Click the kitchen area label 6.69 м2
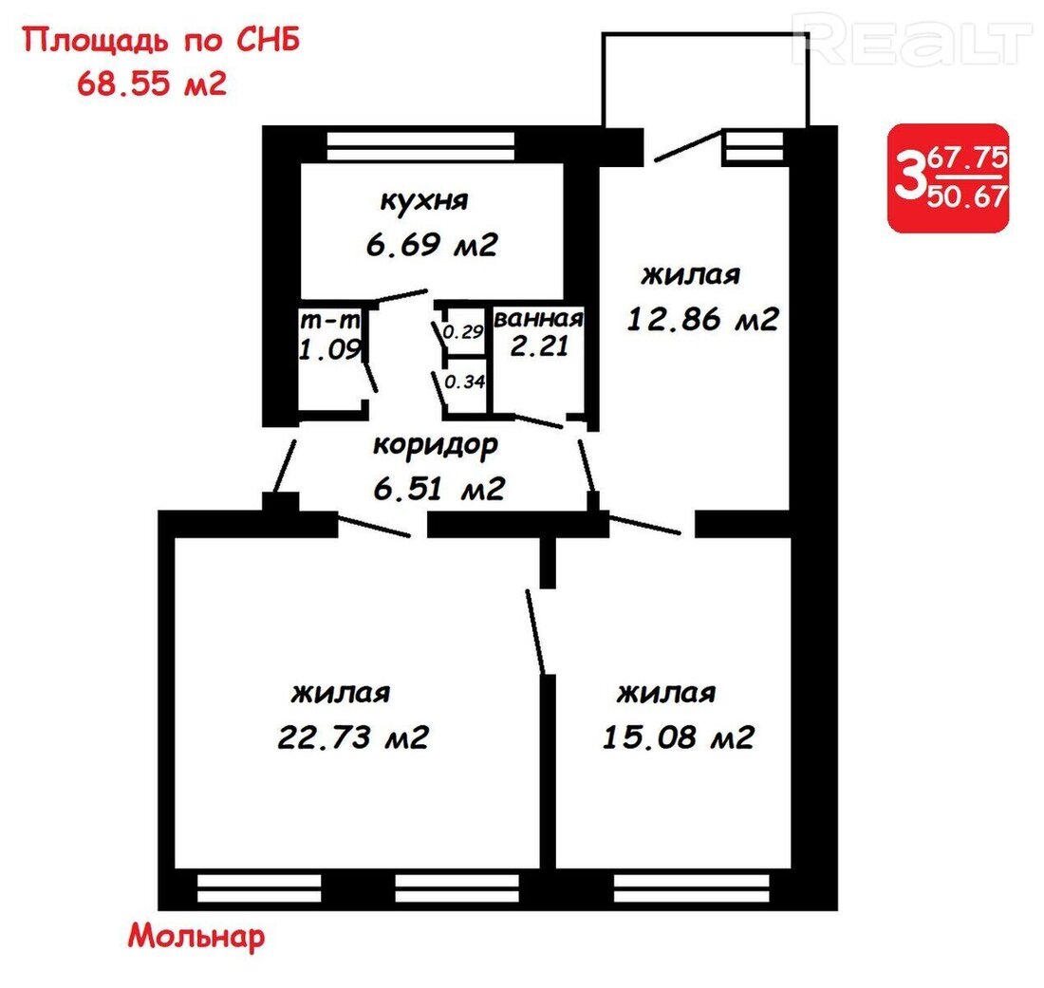coord(432,245)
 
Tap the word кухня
coord(424,200)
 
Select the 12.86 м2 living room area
coord(702,320)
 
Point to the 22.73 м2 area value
coord(353,737)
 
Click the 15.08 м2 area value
coord(678,737)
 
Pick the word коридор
coord(436,445)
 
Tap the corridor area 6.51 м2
coord(438,490)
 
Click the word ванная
coord(539,319)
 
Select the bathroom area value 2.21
coord(539,345)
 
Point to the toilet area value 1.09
coord(329,349)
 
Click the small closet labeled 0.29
coord(463,331)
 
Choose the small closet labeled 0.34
coord(464,382)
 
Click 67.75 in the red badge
coord(968,158)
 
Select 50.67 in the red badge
coord(967,196)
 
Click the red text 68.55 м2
coord(152,84)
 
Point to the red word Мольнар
coord(196,936)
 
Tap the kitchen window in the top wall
coord(420,146)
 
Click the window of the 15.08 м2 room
coord(691,888)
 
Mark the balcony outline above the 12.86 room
coord(705,33)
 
